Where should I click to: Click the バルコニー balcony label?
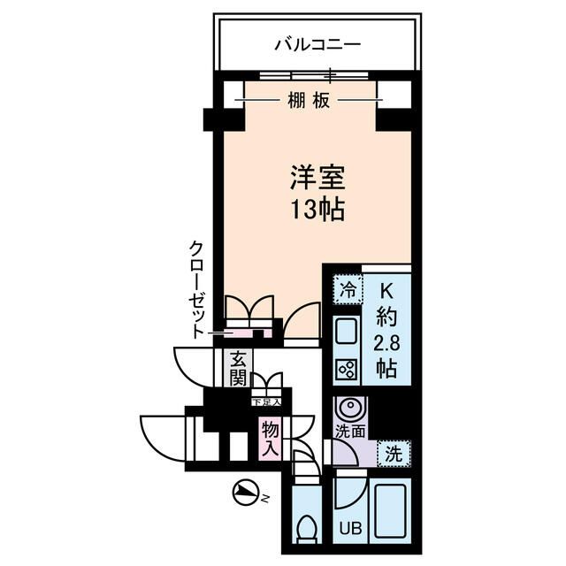(318, 43)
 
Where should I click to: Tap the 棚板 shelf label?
(309, 101)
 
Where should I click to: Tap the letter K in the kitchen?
(386, 289)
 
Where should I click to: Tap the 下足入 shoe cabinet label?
(266, 402)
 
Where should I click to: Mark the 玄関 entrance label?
(238, 369)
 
